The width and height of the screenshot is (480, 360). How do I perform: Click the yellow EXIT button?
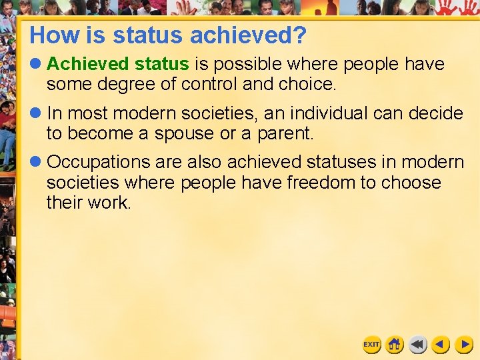(371, 345)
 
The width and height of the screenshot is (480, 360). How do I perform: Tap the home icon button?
(394, 345)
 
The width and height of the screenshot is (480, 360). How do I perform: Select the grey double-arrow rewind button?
(417, 345)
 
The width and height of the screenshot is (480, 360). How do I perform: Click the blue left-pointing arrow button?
(441, 345)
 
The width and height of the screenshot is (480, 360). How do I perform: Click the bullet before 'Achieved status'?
(35, 64)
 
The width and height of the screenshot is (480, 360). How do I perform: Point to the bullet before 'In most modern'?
(35, 113)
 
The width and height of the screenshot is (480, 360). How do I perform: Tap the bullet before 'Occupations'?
(35, 161)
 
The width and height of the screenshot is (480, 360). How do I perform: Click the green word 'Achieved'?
(88, 64)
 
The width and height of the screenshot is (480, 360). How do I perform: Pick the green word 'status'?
(162, 64)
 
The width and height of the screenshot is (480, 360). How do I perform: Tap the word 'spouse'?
(184, 134)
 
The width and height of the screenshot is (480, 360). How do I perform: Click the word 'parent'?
(283, 134)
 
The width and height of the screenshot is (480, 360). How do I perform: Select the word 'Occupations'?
(99, 162)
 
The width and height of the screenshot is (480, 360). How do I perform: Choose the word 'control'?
(209, 84)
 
